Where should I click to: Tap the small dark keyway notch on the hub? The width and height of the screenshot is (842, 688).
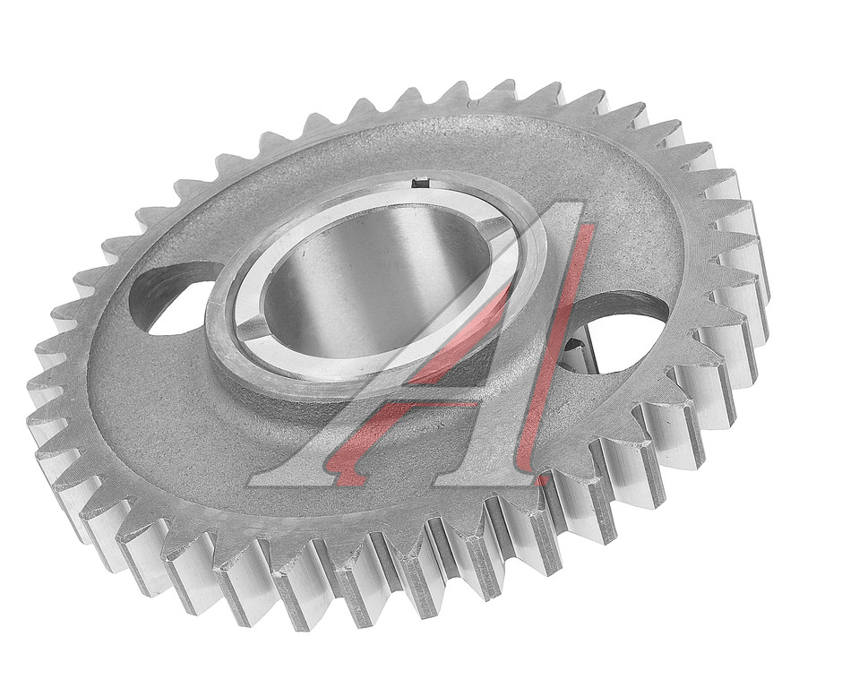click(x=419, y=183)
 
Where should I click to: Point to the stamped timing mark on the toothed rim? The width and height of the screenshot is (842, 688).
click(x=473, y=102)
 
